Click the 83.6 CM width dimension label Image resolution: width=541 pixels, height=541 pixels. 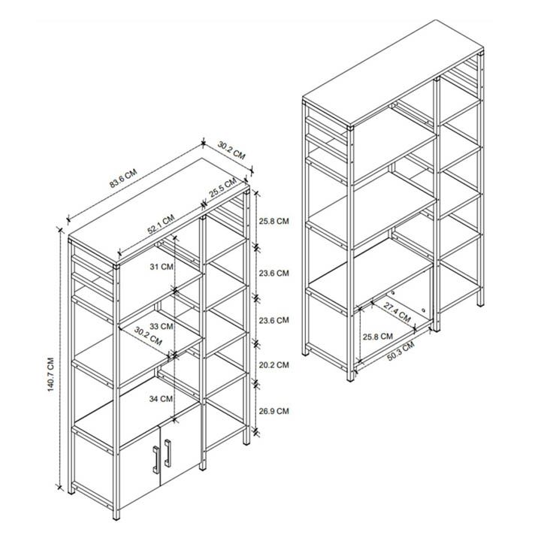(122, 181)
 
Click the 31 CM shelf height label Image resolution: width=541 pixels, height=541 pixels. (161, 267)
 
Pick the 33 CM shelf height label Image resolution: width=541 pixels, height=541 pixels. (161, 326)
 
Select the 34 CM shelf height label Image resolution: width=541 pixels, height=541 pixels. (161, 397)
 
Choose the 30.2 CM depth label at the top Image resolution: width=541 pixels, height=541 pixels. (232, 150)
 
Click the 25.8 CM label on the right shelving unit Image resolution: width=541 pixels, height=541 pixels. (376, 336)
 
